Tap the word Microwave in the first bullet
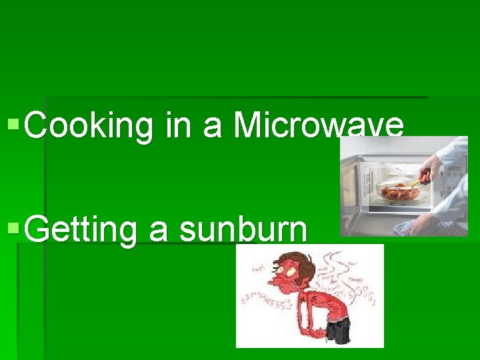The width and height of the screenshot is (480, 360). click(318, 125)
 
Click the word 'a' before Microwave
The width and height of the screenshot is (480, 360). click(212, 125)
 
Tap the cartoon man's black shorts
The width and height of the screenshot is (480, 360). click(339, 330)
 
